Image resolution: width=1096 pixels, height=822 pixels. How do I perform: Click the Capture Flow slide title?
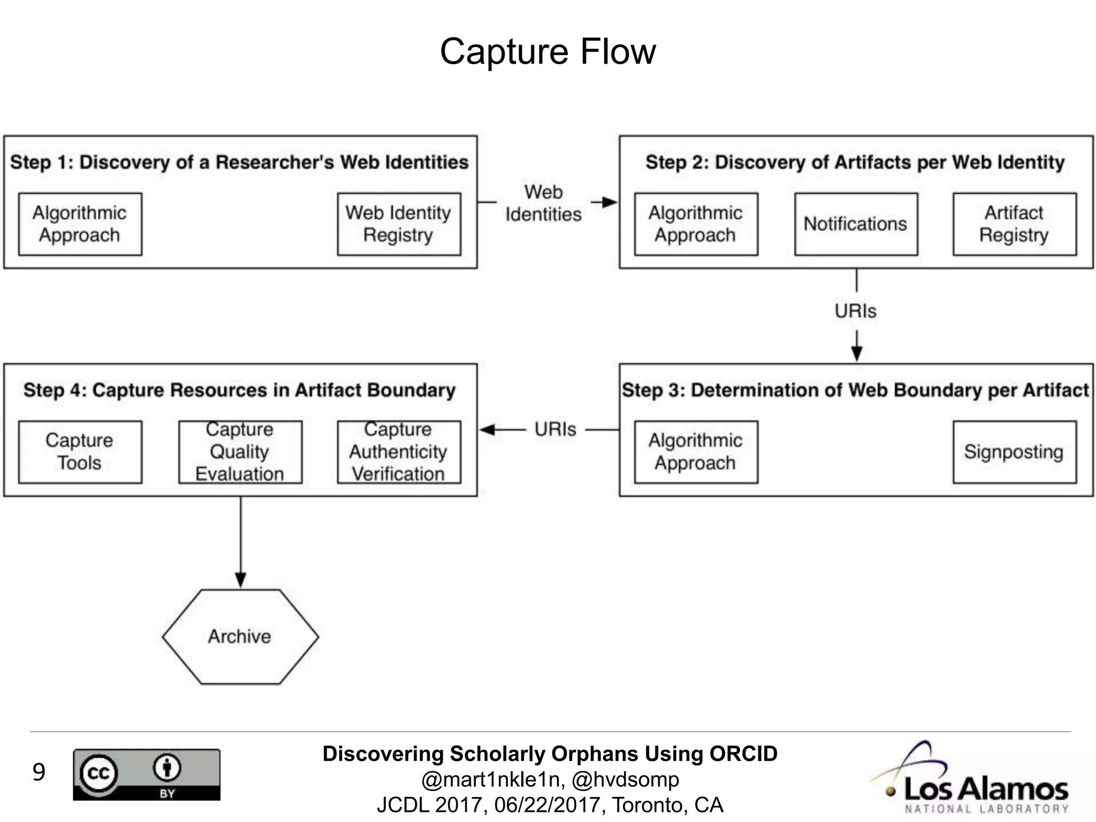click(x=547, y=52)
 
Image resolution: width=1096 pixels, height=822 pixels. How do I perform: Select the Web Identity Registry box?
click(x=399, y=224)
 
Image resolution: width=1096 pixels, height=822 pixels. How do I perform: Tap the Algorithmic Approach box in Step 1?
click(x=80, y=224)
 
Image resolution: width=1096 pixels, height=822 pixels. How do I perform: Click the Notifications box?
click(x=856, y=224)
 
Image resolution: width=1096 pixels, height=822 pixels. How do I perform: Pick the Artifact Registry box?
click(x=1014, y=224)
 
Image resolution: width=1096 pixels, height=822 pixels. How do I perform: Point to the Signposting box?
click(x=1014, y=452)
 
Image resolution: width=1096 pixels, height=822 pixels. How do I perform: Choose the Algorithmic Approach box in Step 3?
click(x=696, y=452)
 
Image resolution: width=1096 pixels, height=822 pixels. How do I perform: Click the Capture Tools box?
click(x=80, y=452)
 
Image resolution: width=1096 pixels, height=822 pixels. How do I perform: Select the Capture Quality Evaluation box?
click(x=240, y=452)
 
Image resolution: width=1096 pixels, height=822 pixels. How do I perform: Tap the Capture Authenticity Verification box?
click(x=399, y=452)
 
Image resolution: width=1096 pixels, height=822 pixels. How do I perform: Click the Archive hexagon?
click(x=240, y=636)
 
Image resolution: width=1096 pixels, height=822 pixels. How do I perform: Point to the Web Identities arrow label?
click(x=543, y=203)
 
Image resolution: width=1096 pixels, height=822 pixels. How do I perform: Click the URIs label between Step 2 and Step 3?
click(x=855, y=311)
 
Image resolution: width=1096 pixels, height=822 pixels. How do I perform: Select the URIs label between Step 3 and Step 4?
click(x=555, y=429)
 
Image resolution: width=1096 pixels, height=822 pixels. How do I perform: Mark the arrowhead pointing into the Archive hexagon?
click(x=240, y=580)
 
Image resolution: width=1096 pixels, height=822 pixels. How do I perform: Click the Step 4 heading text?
click(x=239, y=390)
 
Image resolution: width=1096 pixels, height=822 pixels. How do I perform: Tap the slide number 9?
click(x=39, y=772)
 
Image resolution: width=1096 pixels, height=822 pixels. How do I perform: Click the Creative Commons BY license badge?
click(x=147, y=774)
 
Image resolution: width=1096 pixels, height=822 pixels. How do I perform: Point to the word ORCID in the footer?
click(x=743, y=753)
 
